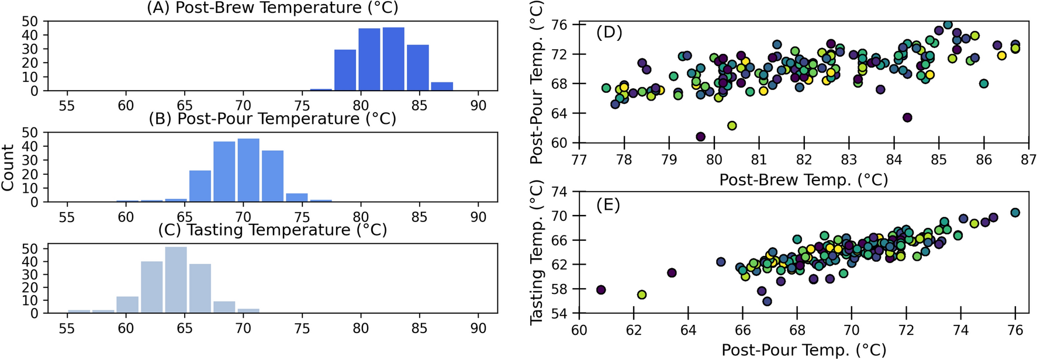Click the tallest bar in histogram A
pos(393,59)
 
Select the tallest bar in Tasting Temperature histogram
pos(176,280)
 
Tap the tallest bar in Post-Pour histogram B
pos(248,170)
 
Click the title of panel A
pos(272,8)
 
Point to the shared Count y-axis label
pos(8,168)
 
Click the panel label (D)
pos(609,33)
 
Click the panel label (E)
pos(608,205)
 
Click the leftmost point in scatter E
pos(600,290)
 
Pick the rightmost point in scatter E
pos(1015,213)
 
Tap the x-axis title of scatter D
pos(803,180)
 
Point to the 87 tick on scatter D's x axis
pos(1029,160)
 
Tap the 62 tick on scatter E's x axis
pos(634,330)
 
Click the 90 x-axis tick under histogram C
pos(478,328)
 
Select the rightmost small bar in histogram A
pos(442,86)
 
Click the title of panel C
pos(272,230)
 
